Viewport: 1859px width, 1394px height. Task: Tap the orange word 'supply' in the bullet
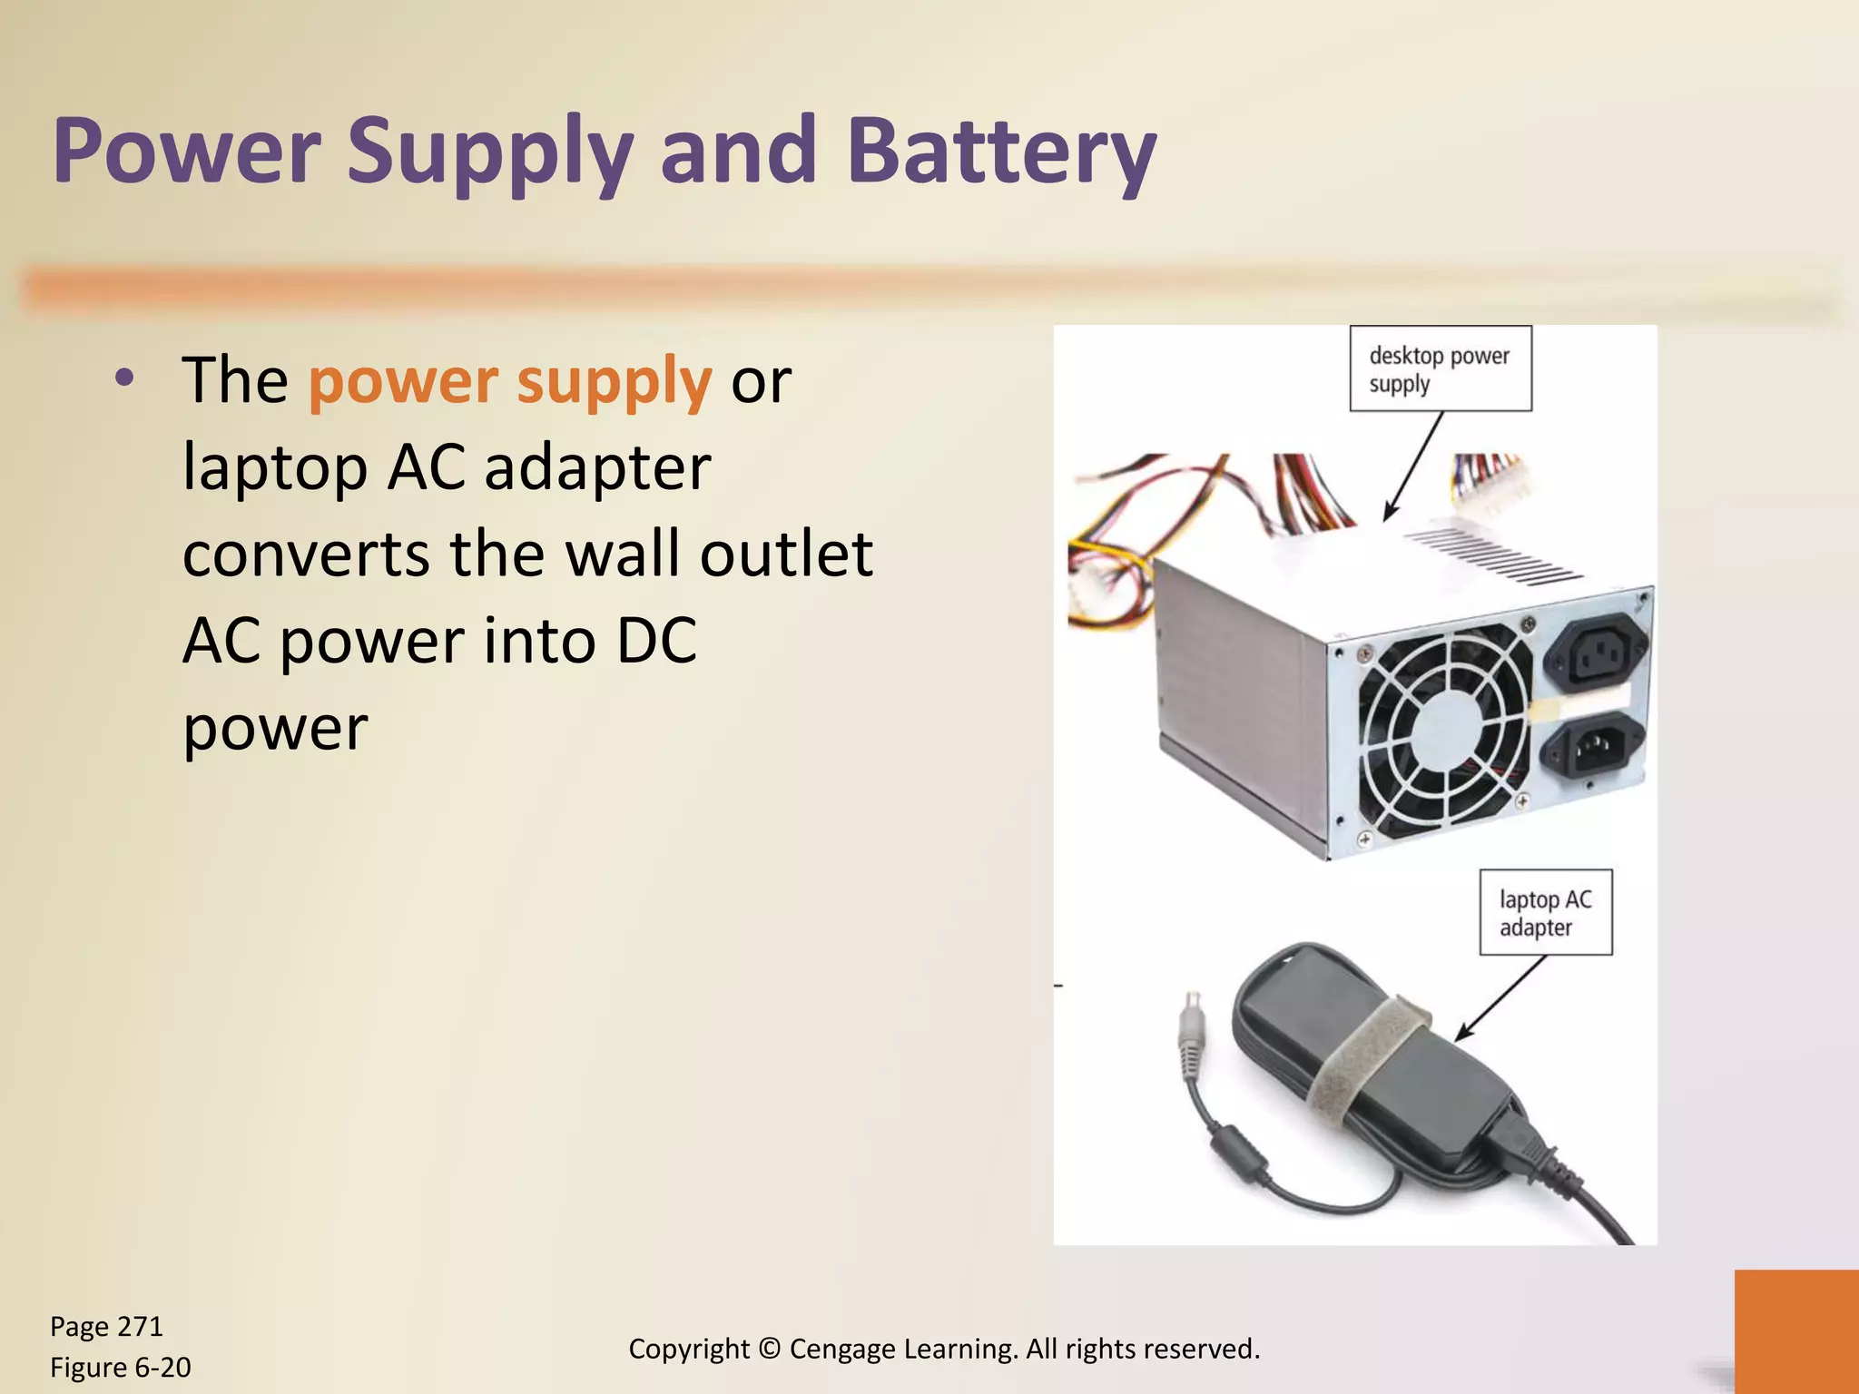614,381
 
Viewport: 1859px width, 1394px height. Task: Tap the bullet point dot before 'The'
125,378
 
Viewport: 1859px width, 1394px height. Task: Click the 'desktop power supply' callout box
1440,368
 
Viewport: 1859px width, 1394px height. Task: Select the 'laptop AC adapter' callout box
1545,912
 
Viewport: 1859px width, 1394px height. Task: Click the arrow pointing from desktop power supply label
1412,466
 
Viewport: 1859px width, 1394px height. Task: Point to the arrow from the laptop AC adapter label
1500,998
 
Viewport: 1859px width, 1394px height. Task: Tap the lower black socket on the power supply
1595,746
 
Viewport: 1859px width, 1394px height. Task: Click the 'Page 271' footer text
106,1327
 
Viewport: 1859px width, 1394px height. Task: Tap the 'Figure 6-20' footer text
120,1368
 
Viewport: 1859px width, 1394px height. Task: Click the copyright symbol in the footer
770,1349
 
